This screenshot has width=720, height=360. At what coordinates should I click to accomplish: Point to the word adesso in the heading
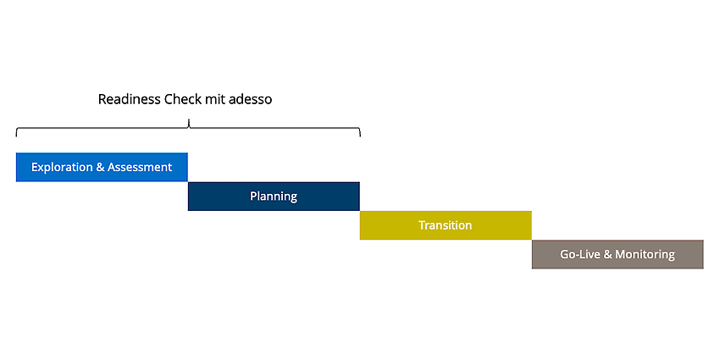252,99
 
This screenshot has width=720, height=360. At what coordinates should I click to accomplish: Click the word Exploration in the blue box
62,167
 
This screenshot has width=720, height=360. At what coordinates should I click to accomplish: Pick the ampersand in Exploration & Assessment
100,167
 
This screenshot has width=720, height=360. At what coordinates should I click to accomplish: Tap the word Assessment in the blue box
140,167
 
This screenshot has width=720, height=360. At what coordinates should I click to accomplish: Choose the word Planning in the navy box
274,197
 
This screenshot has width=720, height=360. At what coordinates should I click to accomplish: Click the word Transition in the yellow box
446,225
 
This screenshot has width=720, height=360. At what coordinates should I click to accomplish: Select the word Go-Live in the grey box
580,254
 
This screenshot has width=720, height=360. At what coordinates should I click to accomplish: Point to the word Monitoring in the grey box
645,254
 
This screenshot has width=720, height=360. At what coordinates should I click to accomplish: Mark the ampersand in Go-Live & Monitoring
607,254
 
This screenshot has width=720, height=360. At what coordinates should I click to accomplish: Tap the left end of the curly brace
17,136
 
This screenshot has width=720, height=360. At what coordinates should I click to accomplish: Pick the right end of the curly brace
360,136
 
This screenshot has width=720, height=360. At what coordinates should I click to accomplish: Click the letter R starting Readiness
102,99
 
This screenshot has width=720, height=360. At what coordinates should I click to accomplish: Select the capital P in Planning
253,196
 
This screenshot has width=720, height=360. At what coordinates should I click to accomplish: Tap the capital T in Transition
422,225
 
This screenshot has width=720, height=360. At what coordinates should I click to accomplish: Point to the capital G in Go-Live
564,254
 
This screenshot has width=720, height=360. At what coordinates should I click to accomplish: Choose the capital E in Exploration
35,167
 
